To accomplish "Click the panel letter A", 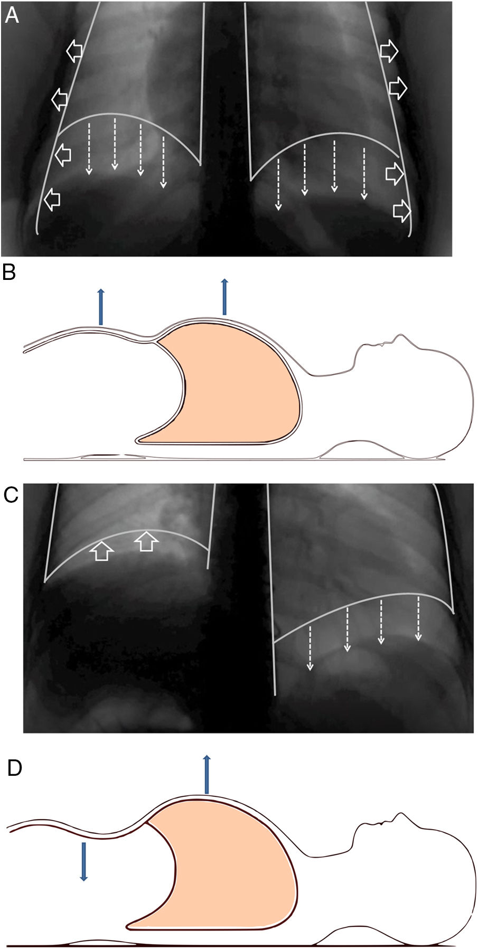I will [11, 15].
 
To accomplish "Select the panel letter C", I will [11, 495].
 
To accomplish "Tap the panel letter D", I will [14, 767].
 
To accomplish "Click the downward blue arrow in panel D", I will [83, 861].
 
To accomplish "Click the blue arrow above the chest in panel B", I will [224, 297].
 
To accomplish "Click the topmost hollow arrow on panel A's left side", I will [74, 51].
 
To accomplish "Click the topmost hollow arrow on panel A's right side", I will [389, 51].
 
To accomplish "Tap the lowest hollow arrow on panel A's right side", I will [402, 211].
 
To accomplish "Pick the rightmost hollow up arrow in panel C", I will [146, 541].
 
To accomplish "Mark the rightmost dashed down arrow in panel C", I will [418, 618].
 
